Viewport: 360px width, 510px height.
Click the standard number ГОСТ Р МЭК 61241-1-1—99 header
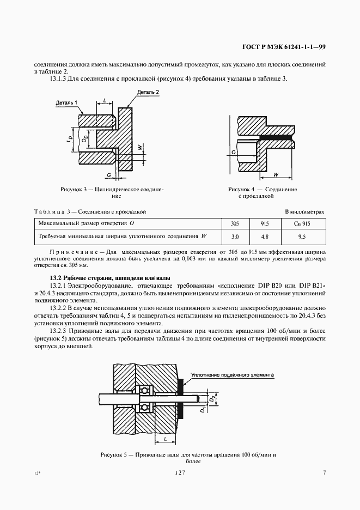tap(284, 47)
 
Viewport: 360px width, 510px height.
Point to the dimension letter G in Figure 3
tap(109, 174)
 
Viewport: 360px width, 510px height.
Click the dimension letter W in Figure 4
tap(276, 174)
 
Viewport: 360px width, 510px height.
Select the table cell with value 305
tap(235, 223)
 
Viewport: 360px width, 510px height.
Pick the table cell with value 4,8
tap(265, 237)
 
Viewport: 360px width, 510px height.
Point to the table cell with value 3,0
tap(235, 237)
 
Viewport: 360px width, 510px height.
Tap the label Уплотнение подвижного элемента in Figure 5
tap(232, 375)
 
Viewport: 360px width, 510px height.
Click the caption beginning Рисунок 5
tap(189, 454)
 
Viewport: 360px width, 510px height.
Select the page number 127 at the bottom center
tap(180, 473)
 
